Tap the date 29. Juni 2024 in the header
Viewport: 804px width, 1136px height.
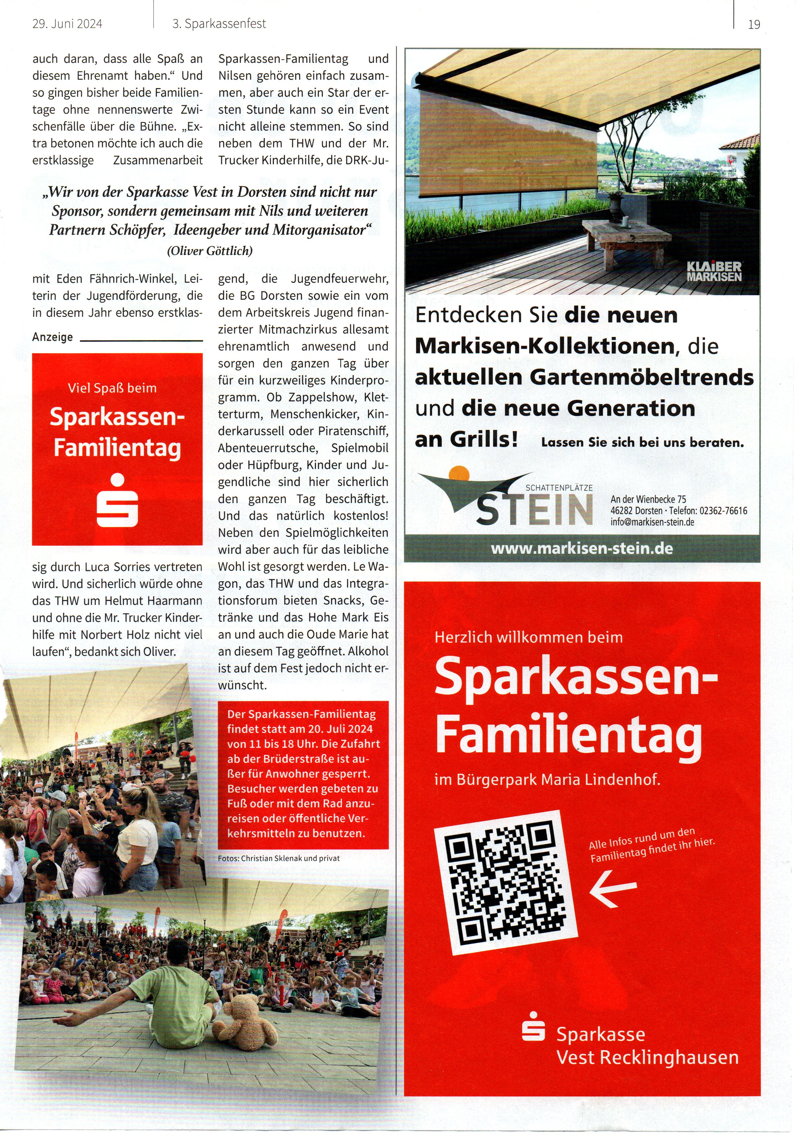(67, 24)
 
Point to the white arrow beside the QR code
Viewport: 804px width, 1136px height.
(613, 888)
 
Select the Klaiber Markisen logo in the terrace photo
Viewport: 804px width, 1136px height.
(714, 272)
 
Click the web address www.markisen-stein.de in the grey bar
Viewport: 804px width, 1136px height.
(582, 549)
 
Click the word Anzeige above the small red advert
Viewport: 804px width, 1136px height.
(52, 337)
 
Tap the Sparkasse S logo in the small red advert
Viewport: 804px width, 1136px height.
(117, 500)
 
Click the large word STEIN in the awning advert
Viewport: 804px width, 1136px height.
(535, 510)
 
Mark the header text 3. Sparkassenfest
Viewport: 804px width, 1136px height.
(219, 24)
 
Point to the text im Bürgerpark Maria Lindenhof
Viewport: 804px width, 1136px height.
(547, 780)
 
